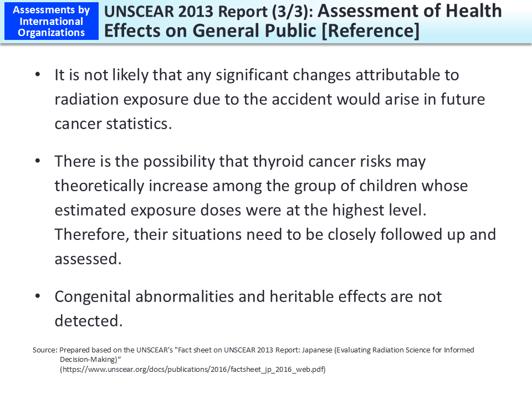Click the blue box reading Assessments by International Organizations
pos(51,21)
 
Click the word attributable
pos(389,74)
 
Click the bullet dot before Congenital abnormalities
pos(38,296)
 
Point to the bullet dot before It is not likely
pos(38,74)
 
